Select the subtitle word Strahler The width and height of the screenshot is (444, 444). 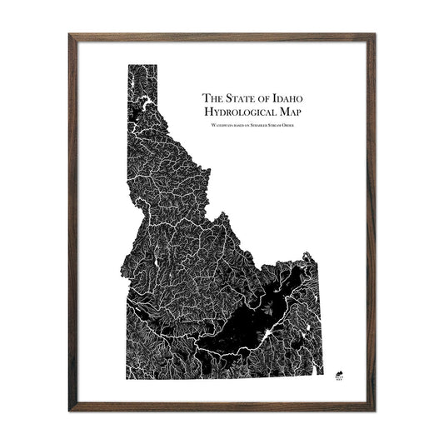point(264,125)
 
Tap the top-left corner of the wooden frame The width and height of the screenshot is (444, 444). point(70,35)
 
